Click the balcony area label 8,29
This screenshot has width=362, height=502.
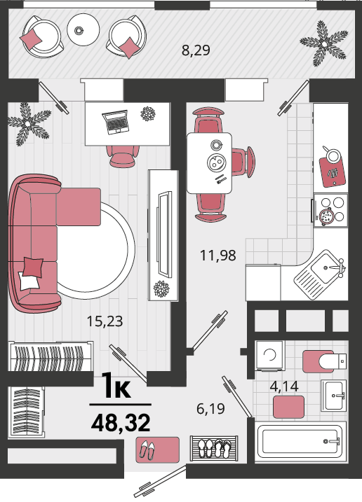point(196,50)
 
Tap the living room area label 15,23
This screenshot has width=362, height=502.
point(105,321)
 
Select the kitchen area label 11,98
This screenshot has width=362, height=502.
point(218,256)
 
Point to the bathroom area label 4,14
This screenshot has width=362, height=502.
point(284,386)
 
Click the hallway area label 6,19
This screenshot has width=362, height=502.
point(210,408)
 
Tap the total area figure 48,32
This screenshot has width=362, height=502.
point(121,423)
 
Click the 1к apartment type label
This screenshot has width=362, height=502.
point(116,386)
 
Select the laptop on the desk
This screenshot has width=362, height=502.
point(116,122)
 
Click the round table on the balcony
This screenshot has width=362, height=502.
point(83,30)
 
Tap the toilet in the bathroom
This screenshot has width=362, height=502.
point(325,361)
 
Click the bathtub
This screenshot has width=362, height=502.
point(300,442)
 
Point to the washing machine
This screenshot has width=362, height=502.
point(270,356)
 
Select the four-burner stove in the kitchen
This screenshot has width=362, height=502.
point(330,210)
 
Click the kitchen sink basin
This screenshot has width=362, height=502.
point(324,268)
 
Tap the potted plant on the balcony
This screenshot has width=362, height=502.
point(324,43)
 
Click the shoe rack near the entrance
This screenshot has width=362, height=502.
point(214,448)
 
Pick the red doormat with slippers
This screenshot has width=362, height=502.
point(157,449)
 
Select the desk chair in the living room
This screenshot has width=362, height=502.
point(123,156)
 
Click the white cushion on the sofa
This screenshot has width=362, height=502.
point(29,281)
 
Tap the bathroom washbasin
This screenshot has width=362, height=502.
point(334,396)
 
